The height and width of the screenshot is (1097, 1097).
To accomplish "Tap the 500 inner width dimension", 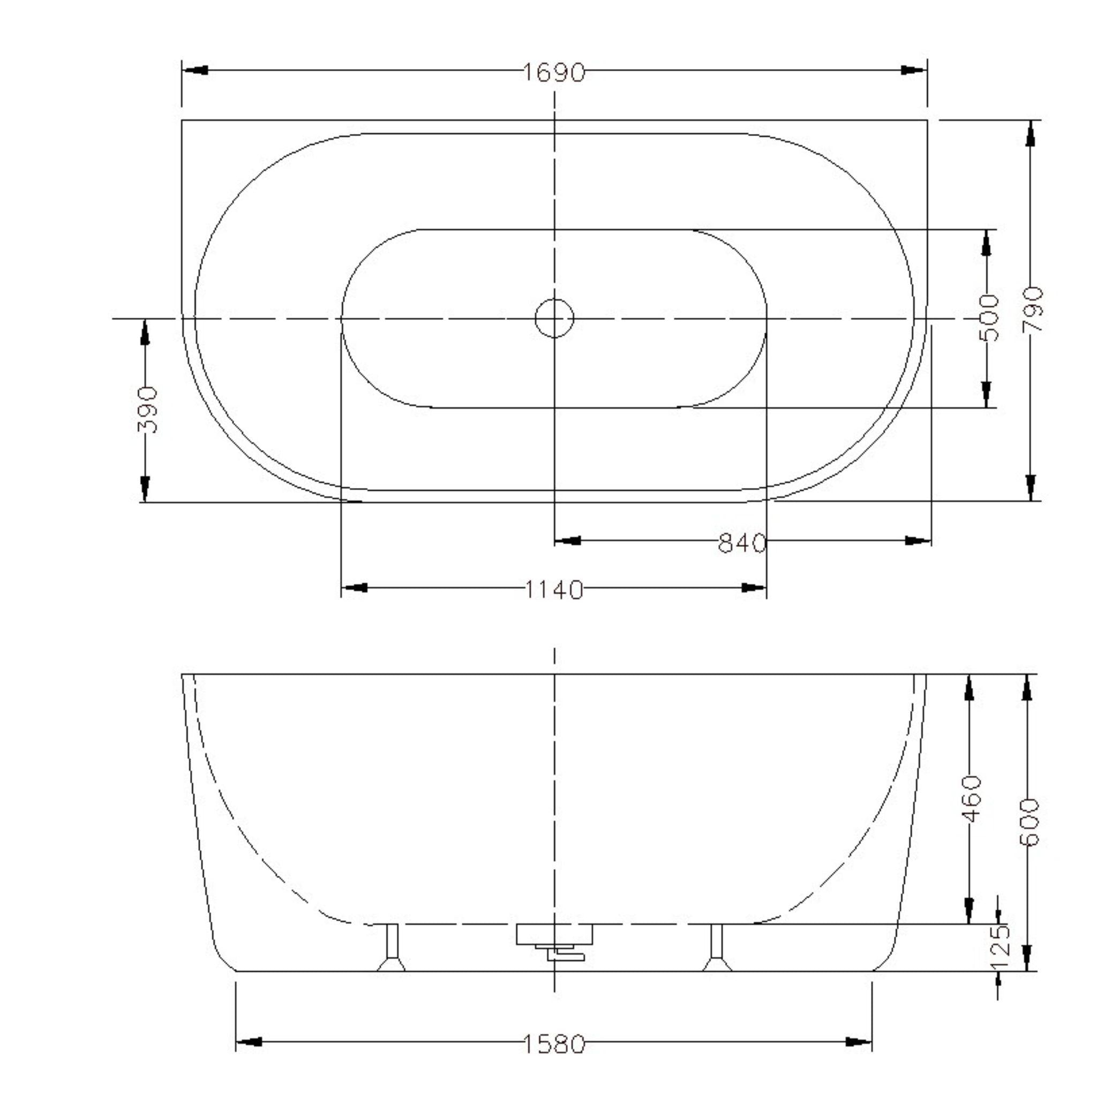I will [988, 318].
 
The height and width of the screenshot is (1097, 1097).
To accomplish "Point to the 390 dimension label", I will [147, 410].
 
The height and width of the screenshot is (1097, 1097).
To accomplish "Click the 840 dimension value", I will [741, 543].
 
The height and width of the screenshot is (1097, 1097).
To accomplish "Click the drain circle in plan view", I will [554, 319].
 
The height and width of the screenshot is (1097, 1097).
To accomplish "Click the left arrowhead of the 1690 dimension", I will [195, 70].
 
